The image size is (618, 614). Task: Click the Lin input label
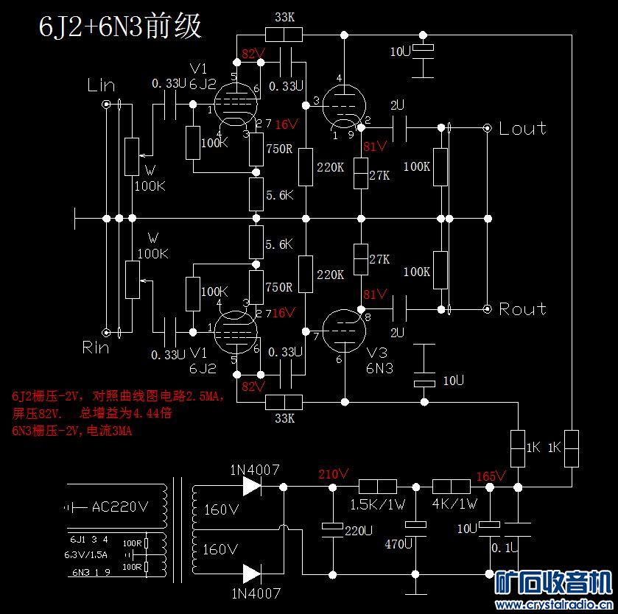pos(101,85)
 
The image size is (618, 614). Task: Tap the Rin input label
pos(96,347)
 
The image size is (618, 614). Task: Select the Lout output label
pos(522,128)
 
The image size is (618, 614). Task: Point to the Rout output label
pos(522,309)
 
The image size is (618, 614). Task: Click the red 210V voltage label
pos(333,474)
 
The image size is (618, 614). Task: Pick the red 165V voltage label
pos(491,476)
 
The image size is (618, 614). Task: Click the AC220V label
pos(120,507)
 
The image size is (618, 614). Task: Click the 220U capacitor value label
pos(358,530)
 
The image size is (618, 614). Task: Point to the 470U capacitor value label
pos(399,545)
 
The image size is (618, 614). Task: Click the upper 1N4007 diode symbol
pos(251,486)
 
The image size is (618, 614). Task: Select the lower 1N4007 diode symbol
pos(251,573)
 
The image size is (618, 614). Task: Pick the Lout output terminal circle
pos(487,128)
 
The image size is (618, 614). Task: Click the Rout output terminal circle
pos(487,309)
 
